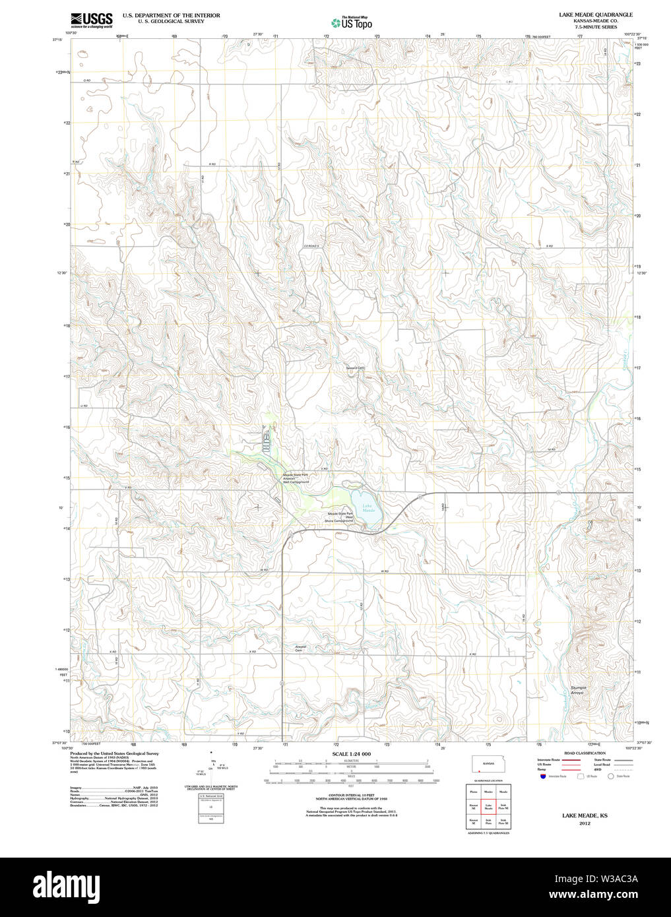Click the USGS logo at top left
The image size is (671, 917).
point(92,19)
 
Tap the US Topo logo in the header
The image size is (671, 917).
point(352,23)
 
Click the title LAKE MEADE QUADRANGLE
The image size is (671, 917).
point(595,15)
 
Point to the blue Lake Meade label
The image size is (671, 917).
point(368,509)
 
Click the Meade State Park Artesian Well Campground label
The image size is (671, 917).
point(296,478)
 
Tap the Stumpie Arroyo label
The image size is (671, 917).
point(578,690)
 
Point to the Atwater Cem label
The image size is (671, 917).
point(301,648)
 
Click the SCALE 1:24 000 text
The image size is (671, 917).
point(351,753)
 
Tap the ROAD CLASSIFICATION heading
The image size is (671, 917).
point(585,753)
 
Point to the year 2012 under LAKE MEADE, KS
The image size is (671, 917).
point(585,823)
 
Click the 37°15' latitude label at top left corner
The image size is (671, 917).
point(58,39)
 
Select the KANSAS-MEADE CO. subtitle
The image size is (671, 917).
point(595,21)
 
